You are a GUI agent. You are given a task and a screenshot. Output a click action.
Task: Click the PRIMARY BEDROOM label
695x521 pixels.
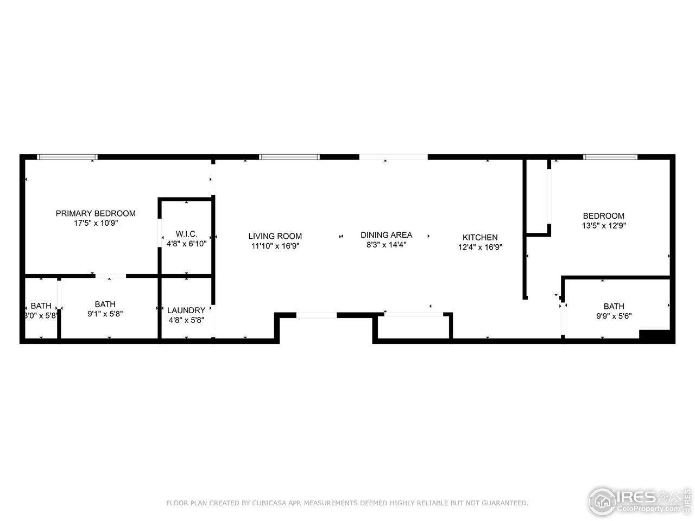click(x=96, y=213)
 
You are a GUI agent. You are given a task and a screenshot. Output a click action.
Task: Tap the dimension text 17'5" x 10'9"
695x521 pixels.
click(x=96, y=223)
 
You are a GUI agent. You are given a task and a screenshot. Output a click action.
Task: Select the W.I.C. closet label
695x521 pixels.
click(x=186, y=234)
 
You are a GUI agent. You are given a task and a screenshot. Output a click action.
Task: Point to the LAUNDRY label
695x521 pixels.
click(x=186, y=310)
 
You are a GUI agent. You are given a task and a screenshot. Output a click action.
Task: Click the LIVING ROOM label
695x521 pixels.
click(x=275, y=236)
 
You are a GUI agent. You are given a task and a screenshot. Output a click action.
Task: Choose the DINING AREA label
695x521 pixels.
click(x=386, y=235)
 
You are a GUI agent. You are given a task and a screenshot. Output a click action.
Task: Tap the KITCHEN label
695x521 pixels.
click(x=480, y=237)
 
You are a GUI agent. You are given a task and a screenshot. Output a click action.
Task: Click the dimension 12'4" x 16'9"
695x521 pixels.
click(x=480, y=247)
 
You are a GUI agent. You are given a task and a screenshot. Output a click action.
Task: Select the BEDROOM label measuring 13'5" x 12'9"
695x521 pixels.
click(x=603, y=215)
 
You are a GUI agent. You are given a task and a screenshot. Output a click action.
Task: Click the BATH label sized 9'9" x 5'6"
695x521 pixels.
click(x=614, y=306)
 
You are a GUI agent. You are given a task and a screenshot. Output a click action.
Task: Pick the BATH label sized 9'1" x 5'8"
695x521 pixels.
click(x=105, y=304)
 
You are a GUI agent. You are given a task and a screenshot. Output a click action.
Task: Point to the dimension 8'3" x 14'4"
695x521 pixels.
click(x=386, y=245)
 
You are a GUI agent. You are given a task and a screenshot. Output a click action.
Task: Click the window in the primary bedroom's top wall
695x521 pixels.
click(x=67, y=157)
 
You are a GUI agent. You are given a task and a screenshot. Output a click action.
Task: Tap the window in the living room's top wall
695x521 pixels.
click(x=289, y=157)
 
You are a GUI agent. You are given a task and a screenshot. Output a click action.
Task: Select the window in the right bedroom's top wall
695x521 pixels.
click(x=610, y=157)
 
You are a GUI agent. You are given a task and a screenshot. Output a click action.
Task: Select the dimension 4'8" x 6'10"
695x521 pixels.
click(x=186, y=244)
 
